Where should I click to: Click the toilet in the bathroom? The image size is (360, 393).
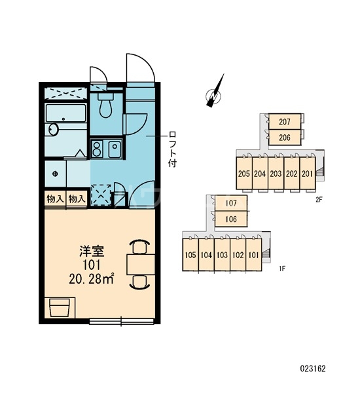click(105, 105)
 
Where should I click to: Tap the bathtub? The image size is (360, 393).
click(66, 113)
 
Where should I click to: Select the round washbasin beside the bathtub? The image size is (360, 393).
click(53, 130)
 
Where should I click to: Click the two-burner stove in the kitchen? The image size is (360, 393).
click(97, 149)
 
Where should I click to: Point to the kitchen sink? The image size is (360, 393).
click(115, 149)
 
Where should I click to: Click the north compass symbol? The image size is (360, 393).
click(215, 92)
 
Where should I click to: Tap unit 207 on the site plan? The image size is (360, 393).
click(285, 122)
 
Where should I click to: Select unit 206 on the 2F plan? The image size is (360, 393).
click(285, 138)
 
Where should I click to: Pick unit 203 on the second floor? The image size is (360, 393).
click(276, 174)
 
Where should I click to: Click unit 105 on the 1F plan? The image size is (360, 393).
click(190, 255)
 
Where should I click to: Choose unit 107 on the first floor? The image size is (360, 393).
click(231, 203)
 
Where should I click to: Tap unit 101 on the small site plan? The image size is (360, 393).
click(253, 255)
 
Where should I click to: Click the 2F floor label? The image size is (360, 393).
click(319, 200)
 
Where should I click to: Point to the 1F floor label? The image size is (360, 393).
click(282, 269)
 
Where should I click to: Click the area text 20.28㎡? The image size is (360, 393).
click(92, 279)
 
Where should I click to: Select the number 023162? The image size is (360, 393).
click(313, 368)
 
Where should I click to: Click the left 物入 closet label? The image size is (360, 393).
click(55, 199)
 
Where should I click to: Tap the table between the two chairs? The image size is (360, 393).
click(141, 265)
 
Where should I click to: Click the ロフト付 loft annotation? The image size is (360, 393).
click(173, 149)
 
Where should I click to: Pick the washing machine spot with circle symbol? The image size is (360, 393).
click(56, 174)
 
